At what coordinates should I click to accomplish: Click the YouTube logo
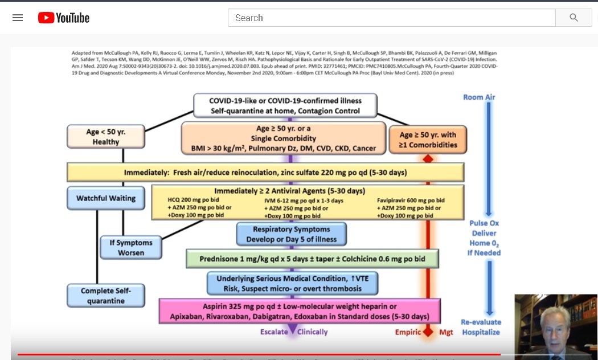[64, 18]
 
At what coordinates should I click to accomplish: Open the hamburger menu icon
[18, 18]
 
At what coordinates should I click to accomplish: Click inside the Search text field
[391, 18]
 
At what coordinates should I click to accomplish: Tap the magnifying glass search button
[574, 18]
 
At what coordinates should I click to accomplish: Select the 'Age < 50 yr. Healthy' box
[106, 137]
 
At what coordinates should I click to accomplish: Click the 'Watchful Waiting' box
[106, 198]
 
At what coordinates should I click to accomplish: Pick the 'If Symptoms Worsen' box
[131, 248]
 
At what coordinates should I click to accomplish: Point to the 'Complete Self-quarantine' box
[106, 295]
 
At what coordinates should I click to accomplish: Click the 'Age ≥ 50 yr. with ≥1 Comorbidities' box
[428, 140]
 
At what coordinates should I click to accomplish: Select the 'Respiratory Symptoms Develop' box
[292, 234]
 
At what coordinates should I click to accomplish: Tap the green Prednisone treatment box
[313, 259]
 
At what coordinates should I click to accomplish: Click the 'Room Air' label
[479, 97]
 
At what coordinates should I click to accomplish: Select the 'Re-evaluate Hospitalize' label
[480, 327]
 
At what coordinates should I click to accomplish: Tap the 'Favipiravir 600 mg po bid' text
[411, 201]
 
